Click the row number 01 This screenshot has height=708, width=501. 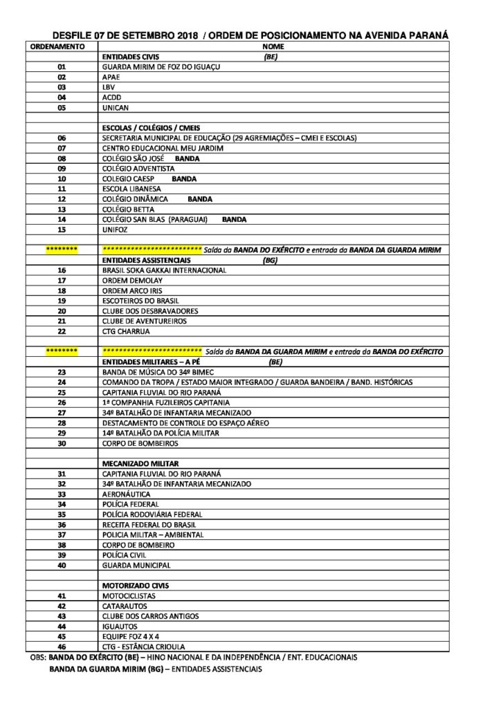62,67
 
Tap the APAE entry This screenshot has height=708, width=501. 111,77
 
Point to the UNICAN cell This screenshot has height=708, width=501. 115,108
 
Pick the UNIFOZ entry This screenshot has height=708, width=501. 114,230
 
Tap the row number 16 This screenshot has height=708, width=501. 62,270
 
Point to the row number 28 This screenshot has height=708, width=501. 62,422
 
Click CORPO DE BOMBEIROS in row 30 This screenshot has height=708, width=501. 140,443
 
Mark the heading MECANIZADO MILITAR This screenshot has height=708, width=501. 140,463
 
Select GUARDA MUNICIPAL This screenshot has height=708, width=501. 136,565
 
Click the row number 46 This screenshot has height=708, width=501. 62,646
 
